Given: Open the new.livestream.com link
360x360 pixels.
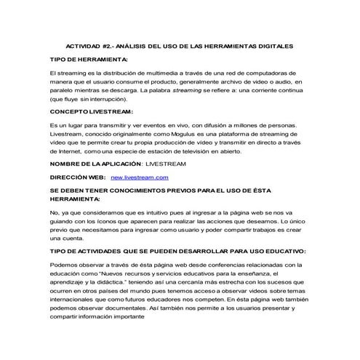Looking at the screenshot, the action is click(x=140, y=177).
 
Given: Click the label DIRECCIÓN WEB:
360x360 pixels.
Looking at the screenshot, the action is click(x=78, y=177).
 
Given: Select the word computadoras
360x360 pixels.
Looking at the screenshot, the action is click(x=282, y=74).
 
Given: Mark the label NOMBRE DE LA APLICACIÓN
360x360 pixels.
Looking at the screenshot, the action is click(x=95, y=164).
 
